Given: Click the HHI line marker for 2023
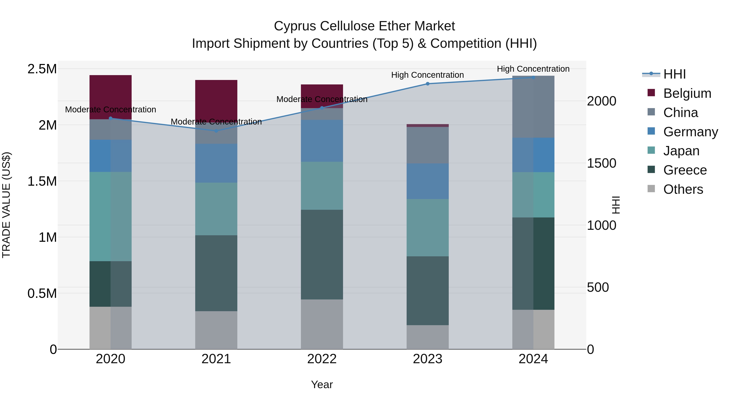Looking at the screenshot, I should [428, 84].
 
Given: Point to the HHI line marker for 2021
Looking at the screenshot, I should [216, 131].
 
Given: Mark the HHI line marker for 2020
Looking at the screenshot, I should [111, 118].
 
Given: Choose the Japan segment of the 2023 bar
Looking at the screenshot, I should [428, 228].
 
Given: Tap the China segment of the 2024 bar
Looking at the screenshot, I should [533, 107].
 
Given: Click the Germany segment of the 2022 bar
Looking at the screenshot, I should [322, 141].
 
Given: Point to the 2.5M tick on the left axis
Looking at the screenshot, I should [42, 69].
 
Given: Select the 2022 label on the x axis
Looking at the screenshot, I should [322, 359].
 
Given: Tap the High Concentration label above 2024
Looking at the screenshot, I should [533, 69].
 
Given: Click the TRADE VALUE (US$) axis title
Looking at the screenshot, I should [6, 205].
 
